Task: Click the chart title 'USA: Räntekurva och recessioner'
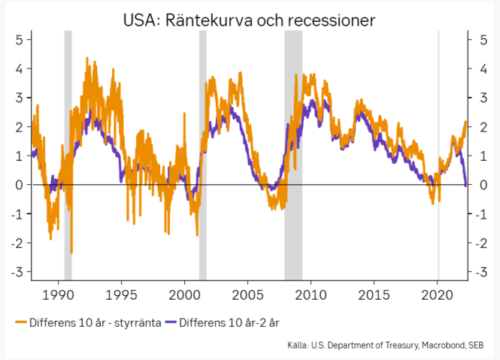click(250, 19)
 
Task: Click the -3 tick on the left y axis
click(17, 271)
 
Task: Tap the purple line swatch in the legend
click(172, 323)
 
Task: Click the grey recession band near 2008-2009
click(293, 150)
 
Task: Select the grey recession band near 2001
click(202, 150)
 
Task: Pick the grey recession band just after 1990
click(68, 150)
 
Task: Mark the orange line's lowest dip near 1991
click(71, 253)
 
